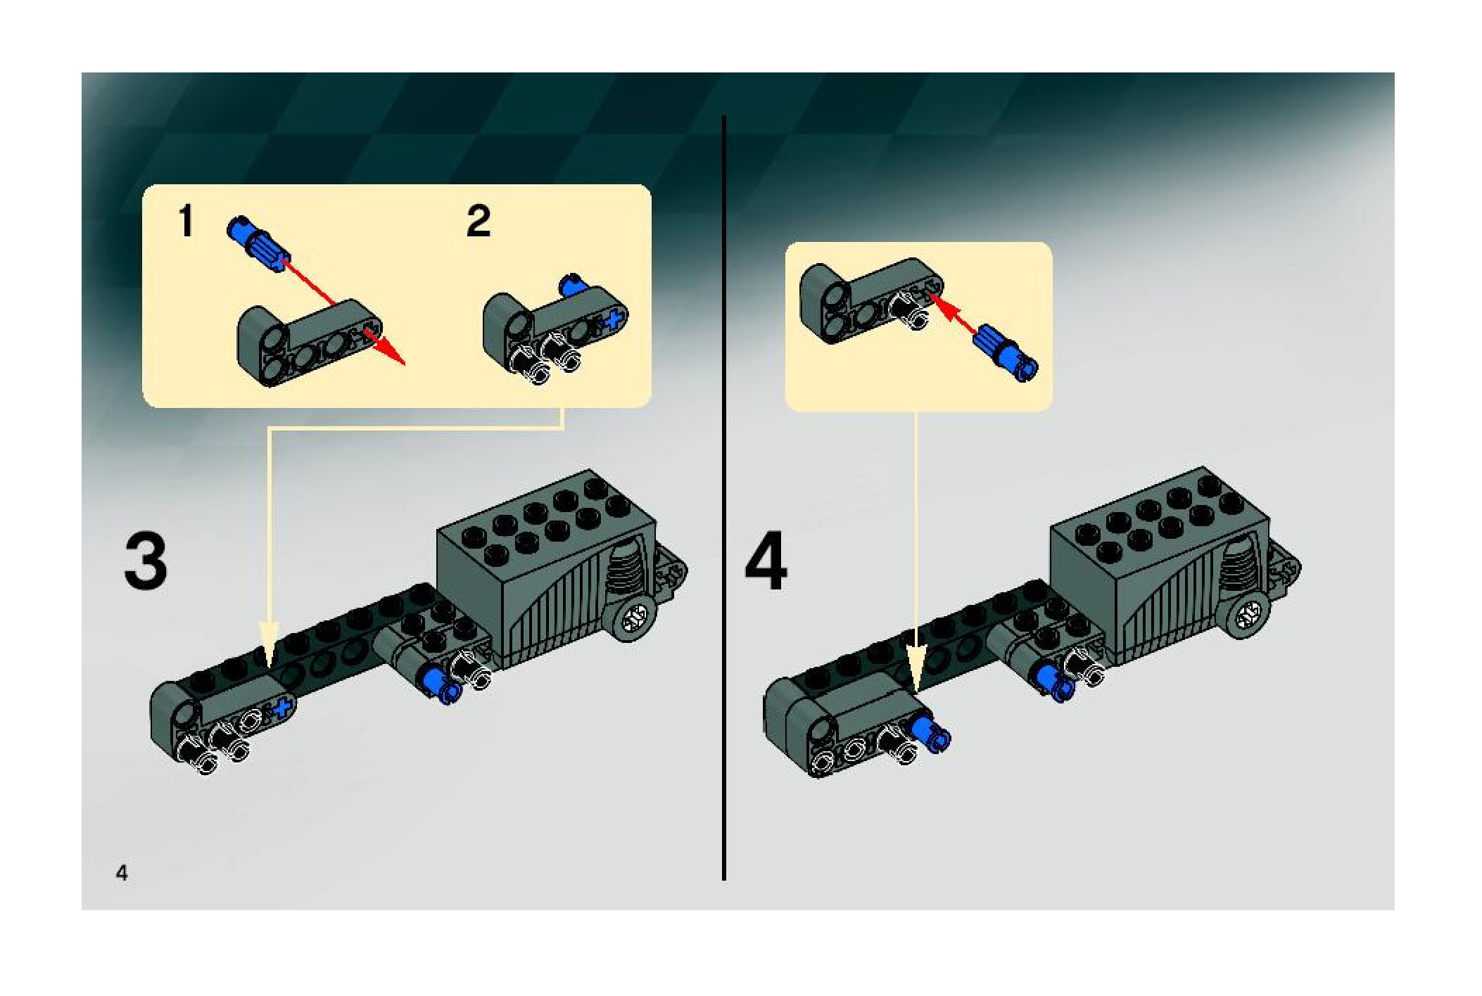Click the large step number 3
click(x=146, y=562)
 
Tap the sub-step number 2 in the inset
click(x=479, y=222)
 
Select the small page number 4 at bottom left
click(x=122, y=874)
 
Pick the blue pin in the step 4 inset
click(x=1005, y=353)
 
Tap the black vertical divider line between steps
click(x=724, y=492)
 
